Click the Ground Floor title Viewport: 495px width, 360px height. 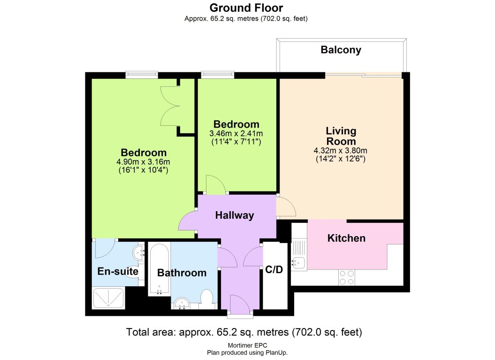point(246,8)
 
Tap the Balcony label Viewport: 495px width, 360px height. point(341,50)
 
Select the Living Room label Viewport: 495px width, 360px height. point(341,136)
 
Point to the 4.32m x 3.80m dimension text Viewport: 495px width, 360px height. point(341,151)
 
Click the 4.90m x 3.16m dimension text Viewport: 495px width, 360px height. point(144,162)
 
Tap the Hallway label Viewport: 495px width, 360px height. point(234,215)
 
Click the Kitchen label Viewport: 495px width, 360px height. point(346,238)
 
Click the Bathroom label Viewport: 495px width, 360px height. point(182,273)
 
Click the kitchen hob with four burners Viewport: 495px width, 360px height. point(347,277)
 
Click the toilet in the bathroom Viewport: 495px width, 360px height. point(206,299)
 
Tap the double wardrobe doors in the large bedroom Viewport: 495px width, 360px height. point(169,106)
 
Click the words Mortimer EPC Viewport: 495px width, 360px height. point(247,346)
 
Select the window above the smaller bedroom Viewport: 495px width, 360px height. point(217,74)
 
